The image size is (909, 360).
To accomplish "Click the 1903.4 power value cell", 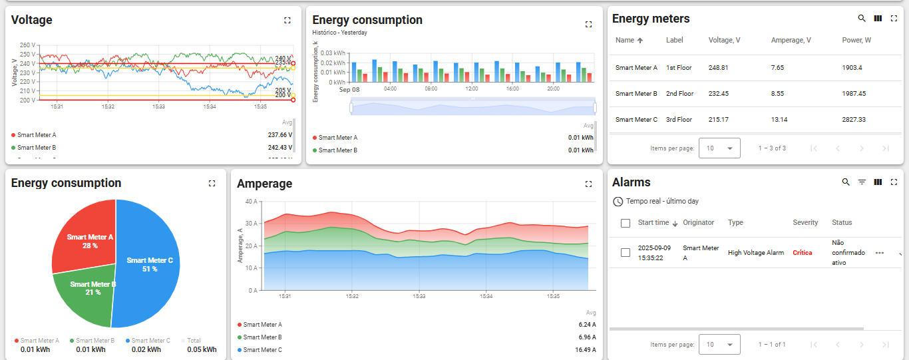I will click(x=852, y=68).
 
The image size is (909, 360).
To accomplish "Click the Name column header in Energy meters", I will click(x=625, y=41).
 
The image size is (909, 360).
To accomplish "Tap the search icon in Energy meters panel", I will click(x=862, y=19).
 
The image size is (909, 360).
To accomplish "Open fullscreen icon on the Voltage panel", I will click(x=287, y=21).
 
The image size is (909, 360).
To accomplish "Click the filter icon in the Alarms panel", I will click(x=862, y=182).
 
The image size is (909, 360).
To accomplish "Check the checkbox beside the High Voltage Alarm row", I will click(x=625, y=253).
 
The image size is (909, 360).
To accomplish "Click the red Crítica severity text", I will click(x=802, y=253).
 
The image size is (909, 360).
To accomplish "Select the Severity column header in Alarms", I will click(x=805, y=223).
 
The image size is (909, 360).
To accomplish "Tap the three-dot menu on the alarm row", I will click(x=880, y=253).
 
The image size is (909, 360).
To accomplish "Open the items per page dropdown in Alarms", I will click(x=719, y=345).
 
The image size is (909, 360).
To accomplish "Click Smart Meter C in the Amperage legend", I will click(x=262, y=350).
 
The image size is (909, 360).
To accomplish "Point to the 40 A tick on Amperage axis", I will click(x=251, y=201).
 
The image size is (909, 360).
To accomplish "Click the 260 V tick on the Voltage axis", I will click(x=27, y=45).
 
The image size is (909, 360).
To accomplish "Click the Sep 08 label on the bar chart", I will click(x=349, y=89).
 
